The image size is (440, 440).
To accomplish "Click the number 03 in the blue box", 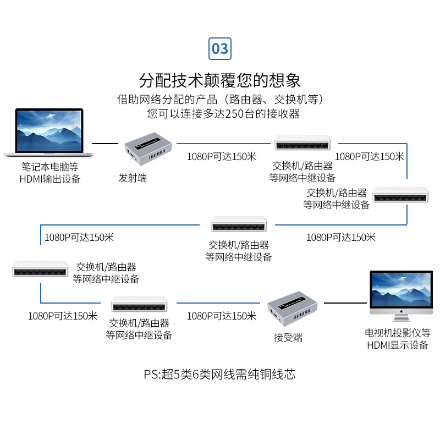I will pyautogui.click(x=220, y=49).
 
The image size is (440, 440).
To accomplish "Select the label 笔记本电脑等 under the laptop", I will pyautogui.click(x=50, y=167).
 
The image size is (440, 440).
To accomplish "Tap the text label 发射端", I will pyautogui.click(x=133, y=178).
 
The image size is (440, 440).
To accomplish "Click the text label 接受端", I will pyautogui.click(x=288, y=337).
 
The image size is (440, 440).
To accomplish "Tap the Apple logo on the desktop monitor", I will pyautogui.click(x=402, y=311).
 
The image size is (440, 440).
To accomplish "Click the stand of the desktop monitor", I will pyautogui.click(x=401, y=318).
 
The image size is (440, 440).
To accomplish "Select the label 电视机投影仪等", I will pyautogui.click(x=398, y=333).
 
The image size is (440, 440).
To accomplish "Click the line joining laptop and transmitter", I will pyautogui.click(x=106, y=144).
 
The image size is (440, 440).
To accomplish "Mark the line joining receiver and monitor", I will pyautogui.click(x=345, y=302).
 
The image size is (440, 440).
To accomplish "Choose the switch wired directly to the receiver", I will pyautogui.click(x=139, y=305).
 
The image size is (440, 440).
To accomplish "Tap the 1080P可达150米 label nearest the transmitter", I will pyautogui.click(x=222, y=156).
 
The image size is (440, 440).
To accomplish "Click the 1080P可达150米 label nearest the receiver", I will pyautogui.click(x=222, y=316).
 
